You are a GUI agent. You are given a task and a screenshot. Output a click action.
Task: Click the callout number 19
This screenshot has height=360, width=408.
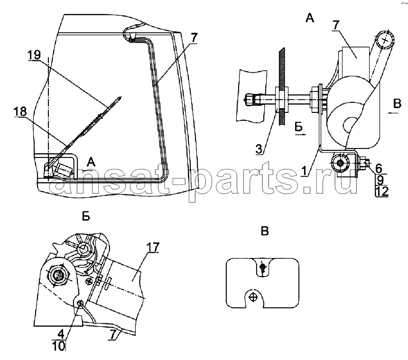coord(34,55)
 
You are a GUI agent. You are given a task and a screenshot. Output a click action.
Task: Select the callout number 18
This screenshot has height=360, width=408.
coord(20,111)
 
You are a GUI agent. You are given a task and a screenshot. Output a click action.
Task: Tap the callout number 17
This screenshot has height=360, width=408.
coord(152,247)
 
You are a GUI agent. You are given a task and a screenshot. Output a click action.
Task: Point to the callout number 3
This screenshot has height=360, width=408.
coord(259,149)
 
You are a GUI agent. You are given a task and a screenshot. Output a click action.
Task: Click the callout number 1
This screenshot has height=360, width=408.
coord(304,171)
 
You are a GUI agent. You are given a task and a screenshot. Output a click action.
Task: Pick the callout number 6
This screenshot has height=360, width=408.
coord(379,168)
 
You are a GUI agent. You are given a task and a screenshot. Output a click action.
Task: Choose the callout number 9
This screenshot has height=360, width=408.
coord(380,180)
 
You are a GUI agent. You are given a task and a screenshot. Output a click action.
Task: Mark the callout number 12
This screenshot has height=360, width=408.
coord(382,192)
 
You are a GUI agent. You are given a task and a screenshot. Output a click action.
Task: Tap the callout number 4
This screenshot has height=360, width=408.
coord(61,334)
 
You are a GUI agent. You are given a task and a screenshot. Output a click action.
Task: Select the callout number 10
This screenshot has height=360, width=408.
coord(59,346)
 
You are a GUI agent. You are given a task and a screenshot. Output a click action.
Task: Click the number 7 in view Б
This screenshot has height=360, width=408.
coord(112,335)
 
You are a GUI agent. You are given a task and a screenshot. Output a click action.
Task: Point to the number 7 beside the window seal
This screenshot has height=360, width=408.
coord(194,38)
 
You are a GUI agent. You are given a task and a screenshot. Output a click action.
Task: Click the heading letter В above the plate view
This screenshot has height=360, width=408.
coord(265,231)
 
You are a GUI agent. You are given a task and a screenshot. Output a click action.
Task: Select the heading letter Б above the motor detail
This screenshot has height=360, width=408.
coord(86,216)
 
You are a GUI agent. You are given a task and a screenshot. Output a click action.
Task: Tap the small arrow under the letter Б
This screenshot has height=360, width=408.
coord(300,135)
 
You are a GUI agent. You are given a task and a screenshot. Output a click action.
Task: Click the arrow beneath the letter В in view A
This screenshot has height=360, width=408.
coord(393,112)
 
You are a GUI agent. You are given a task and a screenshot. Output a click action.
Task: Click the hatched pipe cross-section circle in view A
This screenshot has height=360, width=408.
coord(385,40)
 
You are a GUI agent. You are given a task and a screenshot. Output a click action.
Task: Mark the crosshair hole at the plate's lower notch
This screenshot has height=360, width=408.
coord(253,297)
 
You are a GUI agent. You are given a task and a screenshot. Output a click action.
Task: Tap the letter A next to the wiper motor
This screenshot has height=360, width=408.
coord(91,162)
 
